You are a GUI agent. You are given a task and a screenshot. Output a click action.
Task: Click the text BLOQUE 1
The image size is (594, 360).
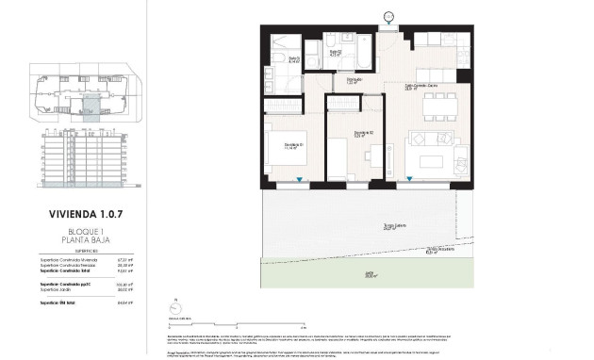click(86, 231)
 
